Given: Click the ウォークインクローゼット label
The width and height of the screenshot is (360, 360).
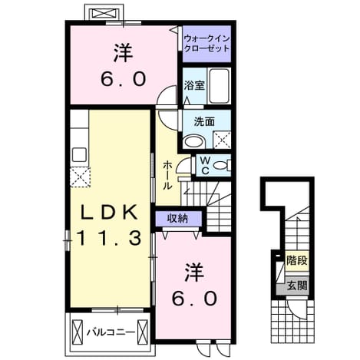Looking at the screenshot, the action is [206, 44].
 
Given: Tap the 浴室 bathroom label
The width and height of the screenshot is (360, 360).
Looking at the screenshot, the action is [194, 85].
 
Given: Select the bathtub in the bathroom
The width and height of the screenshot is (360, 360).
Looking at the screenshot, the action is [219, 86].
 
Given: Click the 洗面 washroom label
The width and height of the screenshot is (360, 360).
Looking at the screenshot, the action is [204, 122].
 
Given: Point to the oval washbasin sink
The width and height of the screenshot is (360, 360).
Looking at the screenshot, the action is [193, 142].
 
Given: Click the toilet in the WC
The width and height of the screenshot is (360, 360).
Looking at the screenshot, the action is [222, 165].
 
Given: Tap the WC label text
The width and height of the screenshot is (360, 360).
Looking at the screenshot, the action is [205, 166].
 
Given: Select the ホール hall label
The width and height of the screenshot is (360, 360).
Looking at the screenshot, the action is [167, 175].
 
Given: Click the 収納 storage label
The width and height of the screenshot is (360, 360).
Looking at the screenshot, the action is [177, 218].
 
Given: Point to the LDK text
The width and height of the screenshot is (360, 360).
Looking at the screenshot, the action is [109, 212].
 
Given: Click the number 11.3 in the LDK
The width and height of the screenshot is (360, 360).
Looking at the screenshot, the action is [109, 238].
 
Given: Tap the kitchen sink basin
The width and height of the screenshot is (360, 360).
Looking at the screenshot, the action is [79, 155].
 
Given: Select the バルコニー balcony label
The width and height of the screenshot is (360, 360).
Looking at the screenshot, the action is [111, 332].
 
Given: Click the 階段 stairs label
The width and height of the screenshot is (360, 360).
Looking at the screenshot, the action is [297, 260].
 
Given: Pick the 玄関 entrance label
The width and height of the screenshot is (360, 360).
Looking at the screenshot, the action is [297, 286].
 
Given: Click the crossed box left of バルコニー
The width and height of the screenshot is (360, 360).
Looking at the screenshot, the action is [78, 332].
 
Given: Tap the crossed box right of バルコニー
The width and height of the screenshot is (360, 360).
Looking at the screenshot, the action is [143, 332].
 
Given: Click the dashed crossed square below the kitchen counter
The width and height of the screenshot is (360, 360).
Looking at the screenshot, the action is [81, 177].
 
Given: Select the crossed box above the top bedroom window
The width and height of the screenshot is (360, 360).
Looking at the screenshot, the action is [105, 13].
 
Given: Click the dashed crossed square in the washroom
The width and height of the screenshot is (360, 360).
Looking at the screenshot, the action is [222, 140].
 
